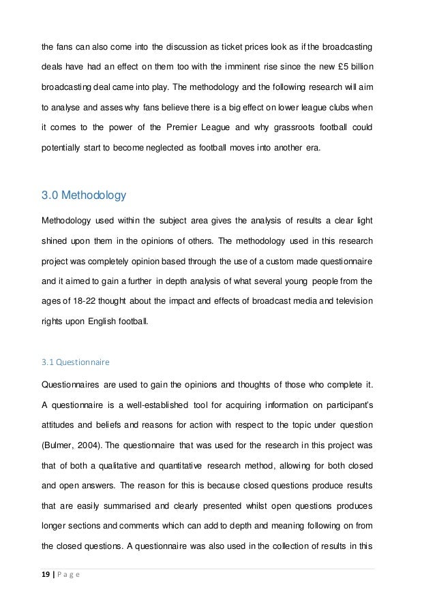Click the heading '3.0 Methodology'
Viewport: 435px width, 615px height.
(x=84, y=198)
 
